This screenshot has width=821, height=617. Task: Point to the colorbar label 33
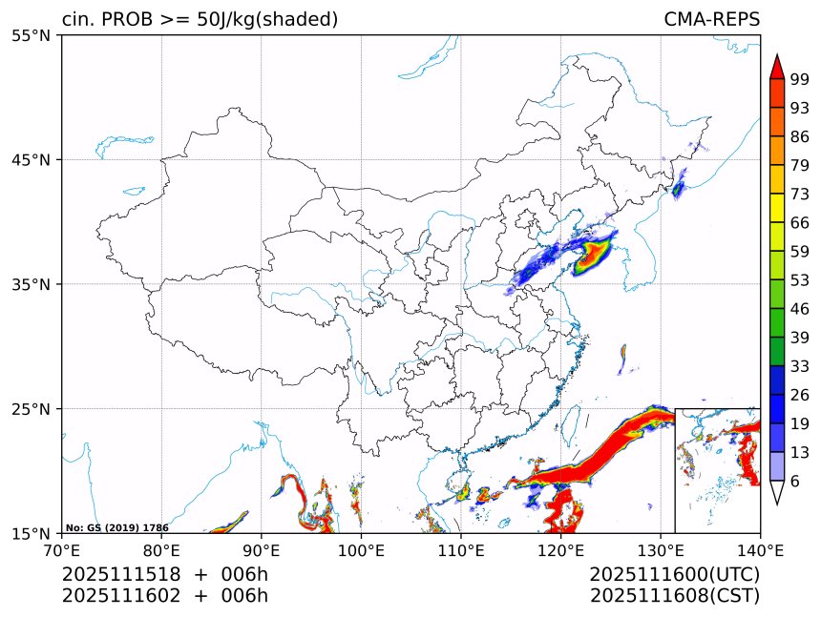[x=800, y=366]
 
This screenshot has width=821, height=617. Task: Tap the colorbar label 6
[x=795, y=482]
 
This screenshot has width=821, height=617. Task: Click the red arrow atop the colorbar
[x=777, y=66]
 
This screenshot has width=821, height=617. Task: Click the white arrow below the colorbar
[x=777, y=492]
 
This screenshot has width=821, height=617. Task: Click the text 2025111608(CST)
[x=674, y=596]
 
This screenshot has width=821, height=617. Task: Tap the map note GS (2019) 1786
[x=117, y=527]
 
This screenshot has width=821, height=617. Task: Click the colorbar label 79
[x=800, y=165]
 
